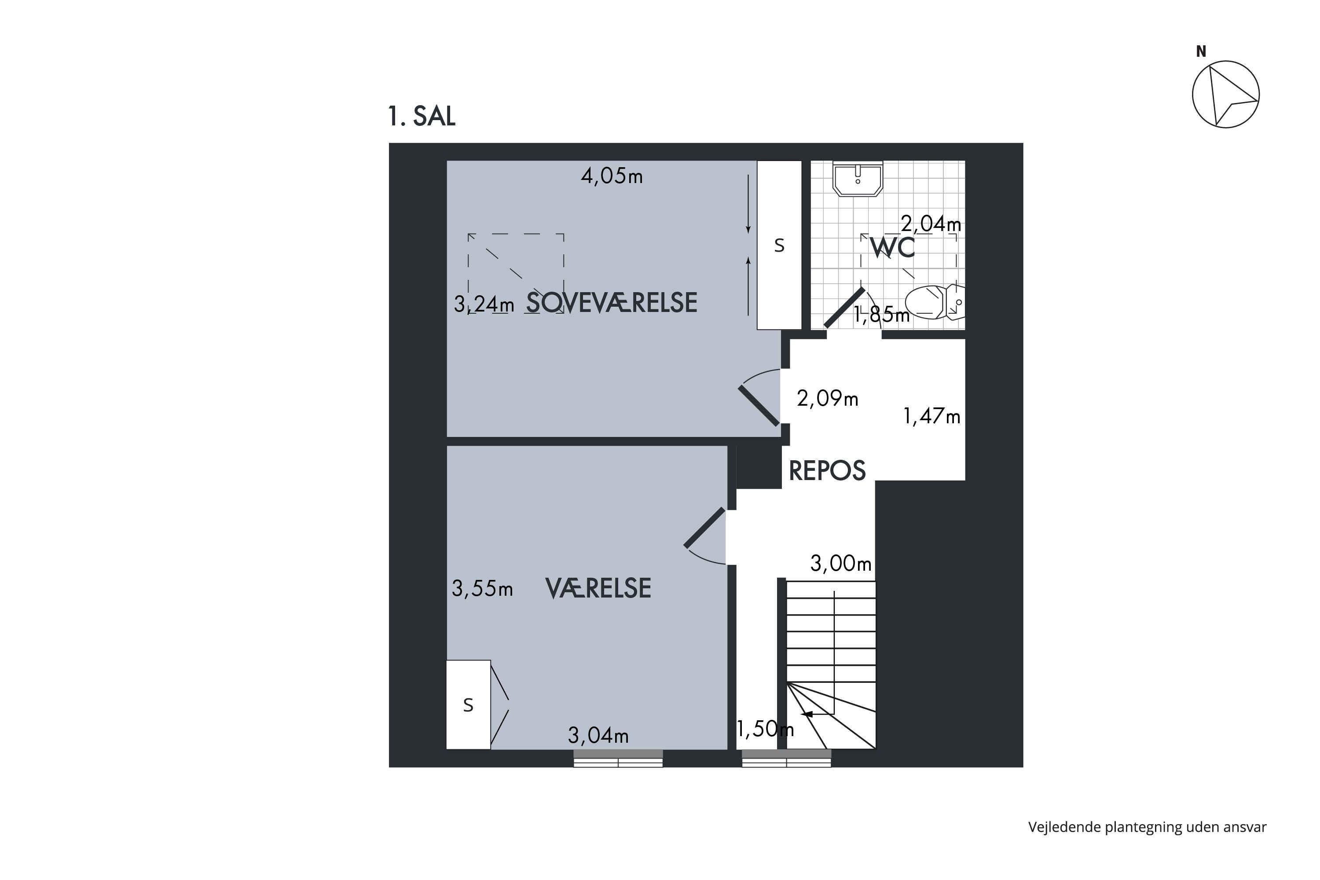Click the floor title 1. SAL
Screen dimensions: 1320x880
coord(422,116)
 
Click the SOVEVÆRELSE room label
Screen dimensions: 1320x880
coord(612,303)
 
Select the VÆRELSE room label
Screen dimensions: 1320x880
coord(598,588)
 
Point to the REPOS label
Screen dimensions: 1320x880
coord(827,471)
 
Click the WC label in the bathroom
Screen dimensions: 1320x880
coord(892,247)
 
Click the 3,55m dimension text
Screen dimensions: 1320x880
coord(482,588)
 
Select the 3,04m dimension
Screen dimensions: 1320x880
coord(598,735)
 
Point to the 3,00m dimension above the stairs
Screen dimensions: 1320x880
coord(841,563)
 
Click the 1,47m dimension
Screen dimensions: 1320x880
coord(931,416)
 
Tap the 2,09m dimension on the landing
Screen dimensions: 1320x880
coord(827,399)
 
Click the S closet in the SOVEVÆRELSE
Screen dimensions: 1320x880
coord(779,245)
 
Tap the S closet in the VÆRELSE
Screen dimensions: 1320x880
coord(468,704)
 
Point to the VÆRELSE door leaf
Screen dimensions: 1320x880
coord(705,527)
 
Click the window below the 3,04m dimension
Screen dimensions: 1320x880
coord(618,758)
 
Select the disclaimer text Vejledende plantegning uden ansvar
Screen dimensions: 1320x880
coord(1147,827)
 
